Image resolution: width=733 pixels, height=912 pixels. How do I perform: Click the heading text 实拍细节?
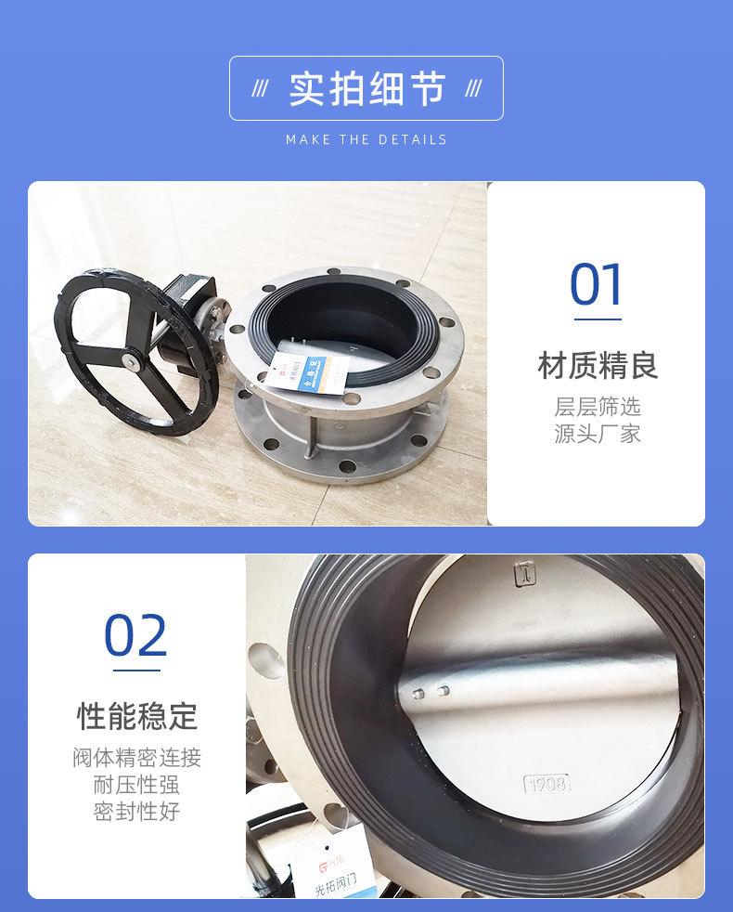click(x=366, y=88)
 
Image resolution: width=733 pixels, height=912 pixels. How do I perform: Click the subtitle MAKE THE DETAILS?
click(x=366, y=139)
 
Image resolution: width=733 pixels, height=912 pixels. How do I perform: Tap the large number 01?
click(x=596, y=285)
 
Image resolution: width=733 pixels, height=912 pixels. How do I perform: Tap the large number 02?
click(x=135, y=635)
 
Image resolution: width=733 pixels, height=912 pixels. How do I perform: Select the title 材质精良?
click(x=598, y=365)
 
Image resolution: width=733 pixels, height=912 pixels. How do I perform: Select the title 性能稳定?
click(x=136, y=716)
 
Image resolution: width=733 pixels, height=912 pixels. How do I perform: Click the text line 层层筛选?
click(x=598, y=408)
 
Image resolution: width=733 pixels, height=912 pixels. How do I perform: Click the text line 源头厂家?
click(x=598, y=434)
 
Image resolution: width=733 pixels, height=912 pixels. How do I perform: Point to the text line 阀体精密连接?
click(x=136, y=758)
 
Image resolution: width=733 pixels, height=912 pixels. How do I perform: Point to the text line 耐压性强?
click(x=136, y=785)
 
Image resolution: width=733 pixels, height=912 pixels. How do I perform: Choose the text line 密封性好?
click(x=136, y=811)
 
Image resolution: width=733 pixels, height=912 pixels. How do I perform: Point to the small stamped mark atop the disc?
click(x=524, y=573)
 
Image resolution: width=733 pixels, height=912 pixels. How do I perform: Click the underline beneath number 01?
click(x=598, y=319)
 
